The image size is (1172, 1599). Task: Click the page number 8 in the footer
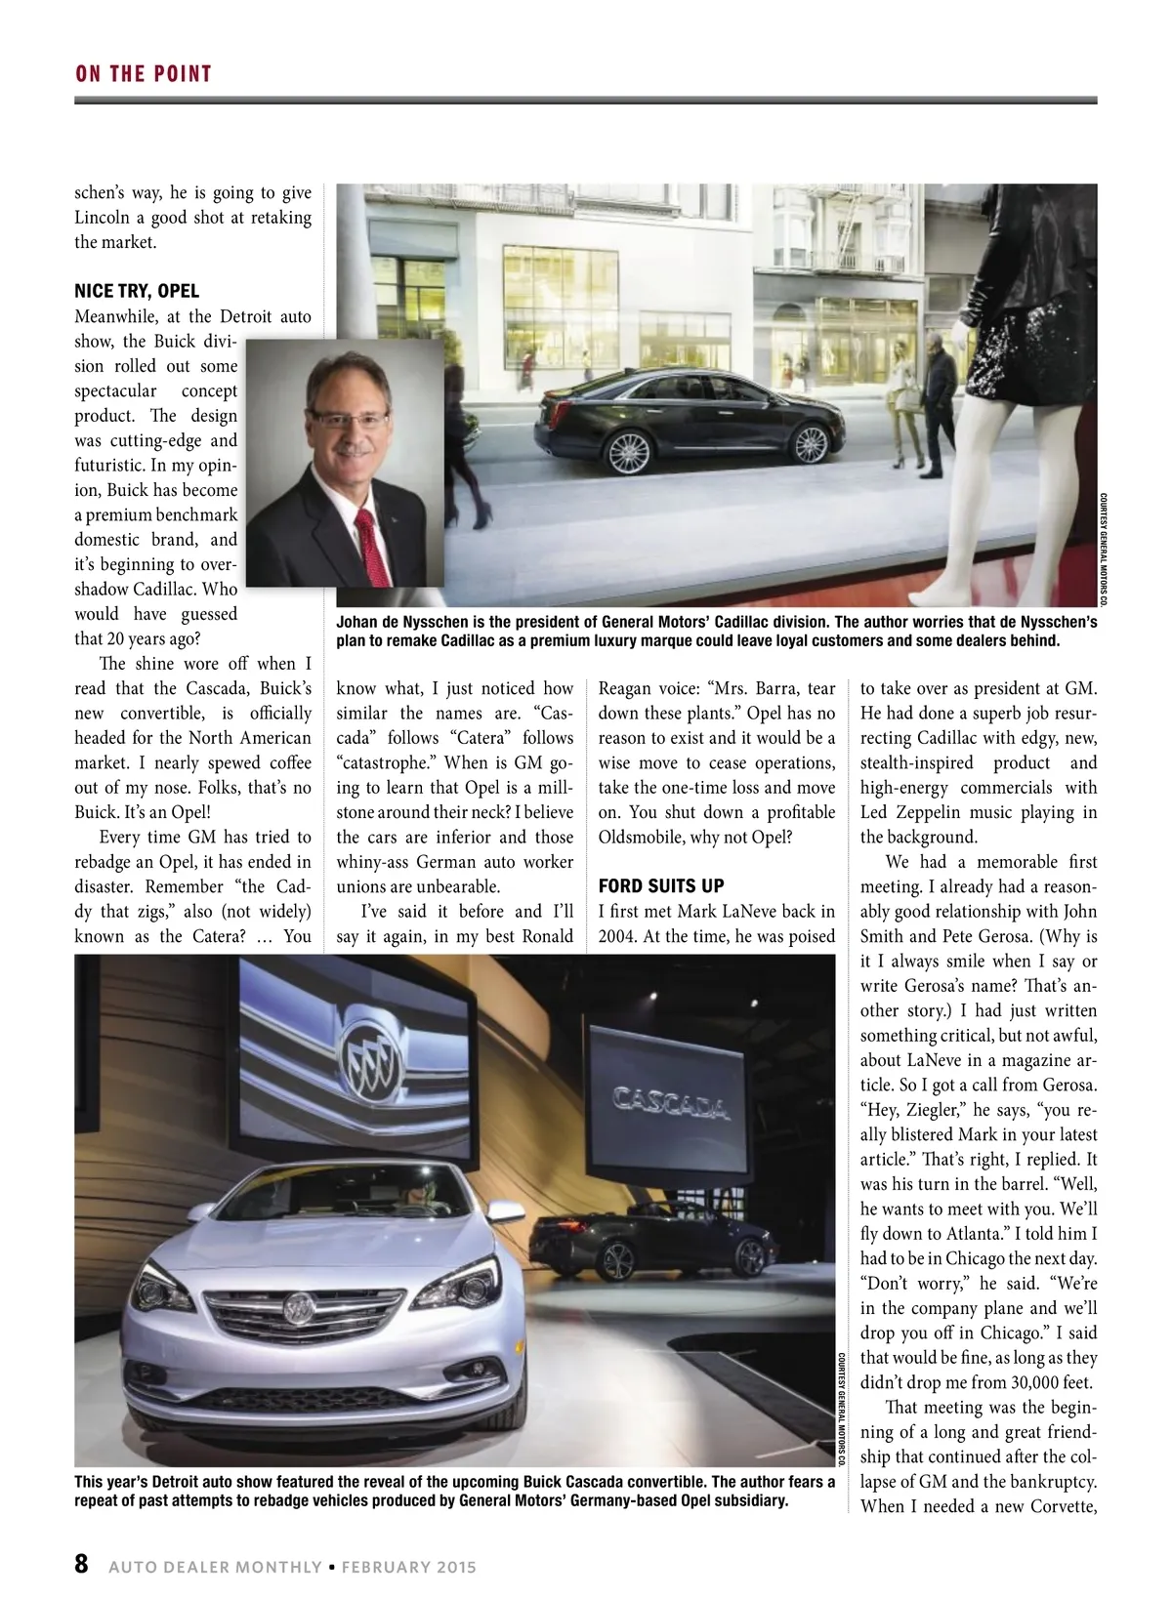(x=82, y=1564)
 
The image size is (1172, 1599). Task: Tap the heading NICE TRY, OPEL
(x=137, y=291)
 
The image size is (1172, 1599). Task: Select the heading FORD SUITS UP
(x=661, y=885)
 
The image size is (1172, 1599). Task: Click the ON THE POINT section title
(x=144, y=74)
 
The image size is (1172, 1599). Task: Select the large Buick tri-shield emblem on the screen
(x=371, y=1053)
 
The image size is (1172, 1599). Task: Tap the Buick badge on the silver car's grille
(x=301, y=1304)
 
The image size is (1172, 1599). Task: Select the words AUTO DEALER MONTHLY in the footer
(x=215, y=1568)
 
